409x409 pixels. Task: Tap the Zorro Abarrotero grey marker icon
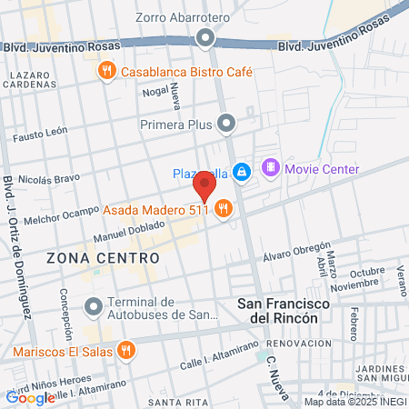(205, 38)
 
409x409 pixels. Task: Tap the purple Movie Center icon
(270, 168)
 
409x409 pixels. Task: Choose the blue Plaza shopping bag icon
(241, 172)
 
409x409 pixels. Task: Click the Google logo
(30, 397)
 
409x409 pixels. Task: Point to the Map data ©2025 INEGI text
(354, 401)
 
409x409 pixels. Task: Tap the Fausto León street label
(41, 135)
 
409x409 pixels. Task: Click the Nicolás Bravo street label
(44, 175)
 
